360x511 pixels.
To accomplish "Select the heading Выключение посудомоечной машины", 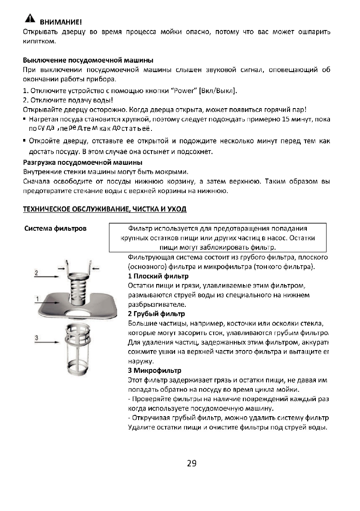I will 88,60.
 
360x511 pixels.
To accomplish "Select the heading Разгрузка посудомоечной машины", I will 82,163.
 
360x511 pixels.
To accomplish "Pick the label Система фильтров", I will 54,229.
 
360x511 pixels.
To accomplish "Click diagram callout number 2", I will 37,272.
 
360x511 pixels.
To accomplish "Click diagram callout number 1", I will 38,298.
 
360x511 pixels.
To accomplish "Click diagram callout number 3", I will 37,338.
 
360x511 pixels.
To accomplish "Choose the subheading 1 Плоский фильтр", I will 158,276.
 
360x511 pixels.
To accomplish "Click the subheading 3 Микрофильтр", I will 155,370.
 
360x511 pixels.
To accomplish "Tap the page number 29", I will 192,463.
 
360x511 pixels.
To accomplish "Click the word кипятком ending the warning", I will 39,42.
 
